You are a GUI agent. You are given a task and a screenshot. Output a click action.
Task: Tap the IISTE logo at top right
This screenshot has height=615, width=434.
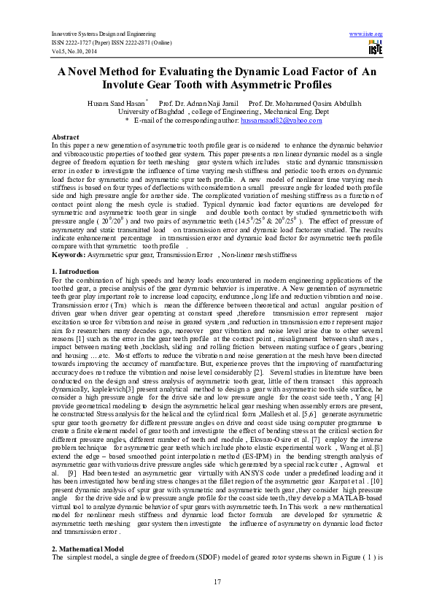click(376, 48)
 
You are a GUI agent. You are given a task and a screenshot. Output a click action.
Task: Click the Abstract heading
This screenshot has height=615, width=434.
click(66, 137)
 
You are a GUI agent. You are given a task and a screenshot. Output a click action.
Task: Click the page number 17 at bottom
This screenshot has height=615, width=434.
click(217, 581)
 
